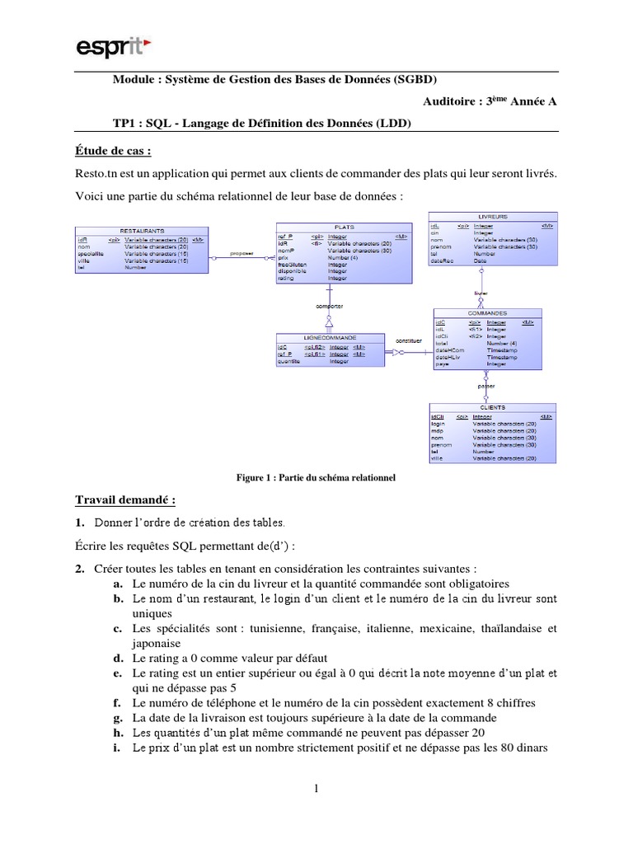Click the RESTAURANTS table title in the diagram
142,231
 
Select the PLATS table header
344,227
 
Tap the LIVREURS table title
493,217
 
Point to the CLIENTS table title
492,407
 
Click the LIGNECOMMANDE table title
330,338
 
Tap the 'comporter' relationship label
330,306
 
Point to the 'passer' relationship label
486,385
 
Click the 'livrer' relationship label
481,293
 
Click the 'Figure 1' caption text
316,477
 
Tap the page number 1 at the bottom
316,790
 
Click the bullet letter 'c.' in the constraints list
120,629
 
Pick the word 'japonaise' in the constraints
156,643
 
